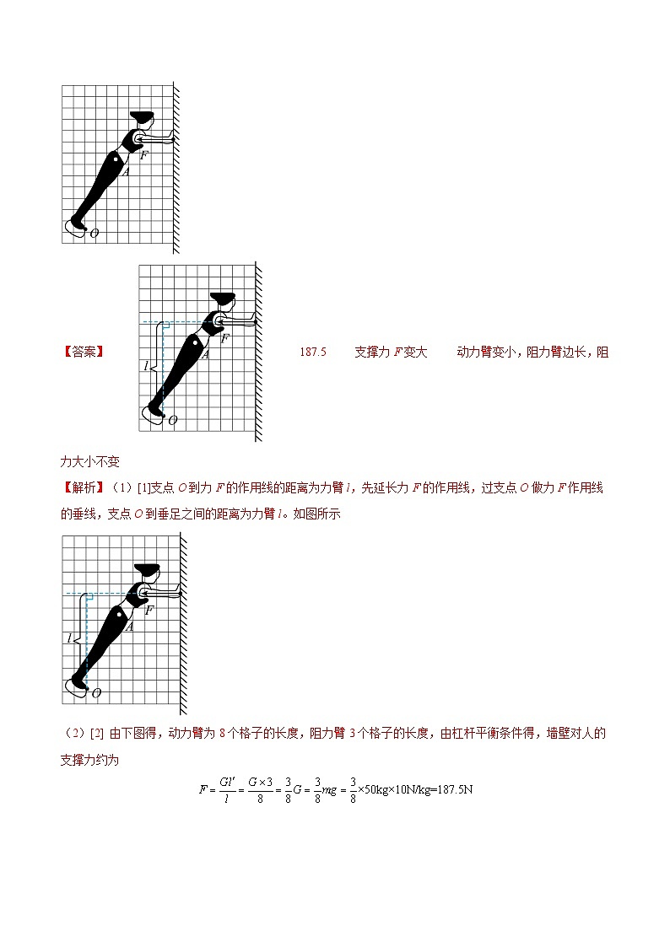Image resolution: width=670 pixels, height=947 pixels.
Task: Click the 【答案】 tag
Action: [x=84, y=352]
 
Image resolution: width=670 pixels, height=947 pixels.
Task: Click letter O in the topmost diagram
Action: [x=95, y=234]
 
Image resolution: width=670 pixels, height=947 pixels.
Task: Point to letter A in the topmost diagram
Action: [x=126, y=172]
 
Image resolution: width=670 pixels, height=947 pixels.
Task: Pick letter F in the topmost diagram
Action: [x=143, y=155]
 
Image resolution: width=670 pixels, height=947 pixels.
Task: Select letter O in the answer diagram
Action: [x=173, y=419]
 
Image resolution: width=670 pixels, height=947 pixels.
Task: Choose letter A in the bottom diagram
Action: [x=130, y=626]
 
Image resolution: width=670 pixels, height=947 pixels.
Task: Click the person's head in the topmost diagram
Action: [x=143, y=119]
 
